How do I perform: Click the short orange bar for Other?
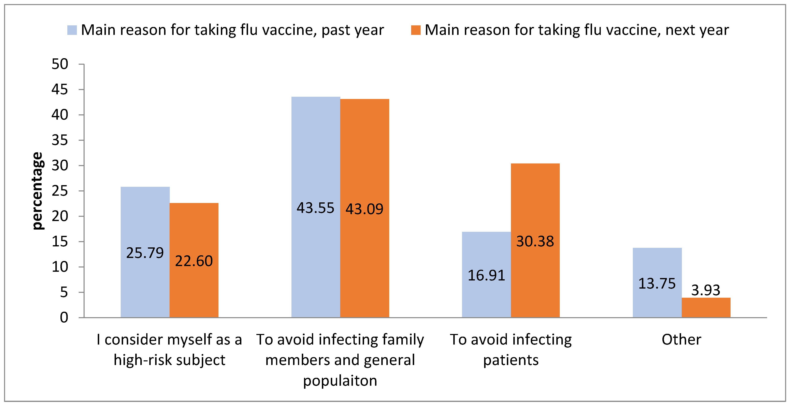point(706,308)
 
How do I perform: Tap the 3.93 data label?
point(706,290)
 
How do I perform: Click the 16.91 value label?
point(486,275)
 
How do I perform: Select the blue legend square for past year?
point(72,30)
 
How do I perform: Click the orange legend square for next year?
point(416,30)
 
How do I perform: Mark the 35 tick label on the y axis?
point(60,140)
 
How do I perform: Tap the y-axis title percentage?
point(38,191)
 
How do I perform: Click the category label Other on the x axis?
point(681,339)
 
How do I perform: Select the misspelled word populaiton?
point(340,381)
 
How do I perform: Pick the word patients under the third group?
point(511,360)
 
